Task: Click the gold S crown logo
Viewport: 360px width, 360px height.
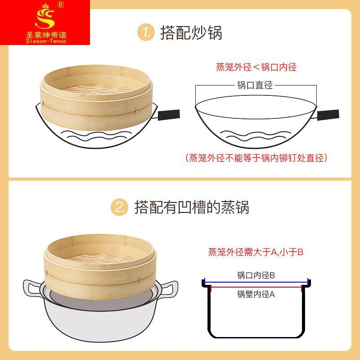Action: [x=45, y=17]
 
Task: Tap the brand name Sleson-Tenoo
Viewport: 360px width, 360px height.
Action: [x=46, y=41]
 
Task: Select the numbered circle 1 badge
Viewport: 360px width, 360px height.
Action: [x=146, y=32]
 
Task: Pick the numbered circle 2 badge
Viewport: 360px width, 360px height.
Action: [x=119, y=207]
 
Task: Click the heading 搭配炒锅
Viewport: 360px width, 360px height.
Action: [x=191, y=33]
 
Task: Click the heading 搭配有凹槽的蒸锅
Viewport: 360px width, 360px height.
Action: [x=192, y=207]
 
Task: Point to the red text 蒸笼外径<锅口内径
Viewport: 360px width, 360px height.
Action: [x=256, y=67]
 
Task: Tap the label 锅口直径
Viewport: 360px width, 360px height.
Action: [x=255, y=85]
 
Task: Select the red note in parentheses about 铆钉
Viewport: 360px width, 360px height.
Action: [x=256, y=158]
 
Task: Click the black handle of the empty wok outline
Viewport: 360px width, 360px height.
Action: [x=328, y=115]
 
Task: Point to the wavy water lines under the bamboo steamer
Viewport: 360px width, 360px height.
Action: [x=96, y=136]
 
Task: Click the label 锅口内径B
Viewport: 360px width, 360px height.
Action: [x=256, y=275]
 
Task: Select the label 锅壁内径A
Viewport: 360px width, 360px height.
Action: [x=256, y=294]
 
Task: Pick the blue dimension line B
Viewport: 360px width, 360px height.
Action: [x=256, y=282]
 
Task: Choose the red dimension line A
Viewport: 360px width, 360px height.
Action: [x=256, y=287]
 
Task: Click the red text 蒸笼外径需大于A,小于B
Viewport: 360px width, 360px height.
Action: [x=256, y=252]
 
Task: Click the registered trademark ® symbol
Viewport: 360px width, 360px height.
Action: [x=61, y=4]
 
